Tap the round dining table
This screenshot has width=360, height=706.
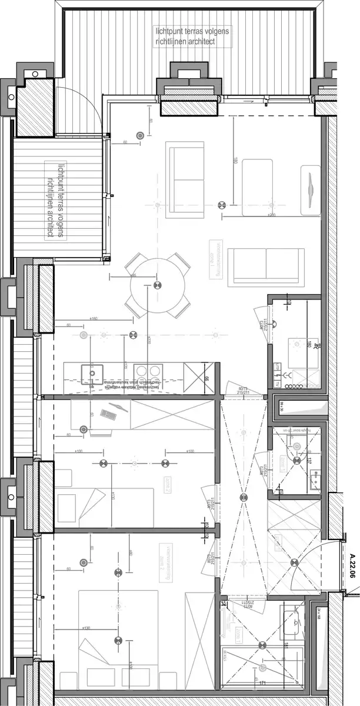(x=156, y=286)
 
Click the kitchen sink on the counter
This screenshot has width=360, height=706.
(x=92, y=372)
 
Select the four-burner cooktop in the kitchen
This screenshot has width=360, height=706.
(x=148, y=372)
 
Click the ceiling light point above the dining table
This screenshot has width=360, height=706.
(x=156, y=286)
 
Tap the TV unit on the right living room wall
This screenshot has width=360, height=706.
(x=311, y=191)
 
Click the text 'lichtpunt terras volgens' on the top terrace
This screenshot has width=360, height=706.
(x=192, y=31)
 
